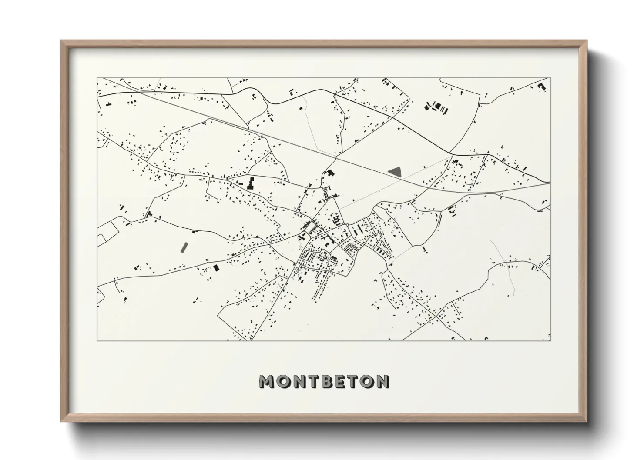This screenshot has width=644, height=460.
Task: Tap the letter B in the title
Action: point(326,381)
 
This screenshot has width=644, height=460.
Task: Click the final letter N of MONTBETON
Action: point(382,381)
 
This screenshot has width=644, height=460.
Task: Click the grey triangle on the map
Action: point(396,172)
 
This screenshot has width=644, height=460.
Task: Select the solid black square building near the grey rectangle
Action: point(216,268)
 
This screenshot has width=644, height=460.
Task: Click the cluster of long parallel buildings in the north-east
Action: point(436,107)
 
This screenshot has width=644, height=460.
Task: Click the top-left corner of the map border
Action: point(97,78)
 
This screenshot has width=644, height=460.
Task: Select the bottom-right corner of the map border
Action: point(551,340)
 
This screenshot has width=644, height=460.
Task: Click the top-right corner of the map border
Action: point(551,78)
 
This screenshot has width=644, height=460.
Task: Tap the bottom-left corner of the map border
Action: point(97,340)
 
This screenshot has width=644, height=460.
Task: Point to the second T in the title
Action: point(354,381)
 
